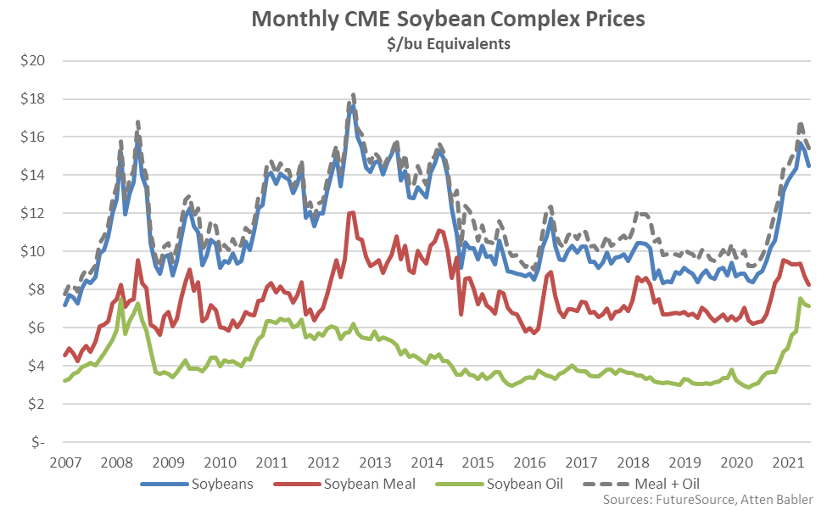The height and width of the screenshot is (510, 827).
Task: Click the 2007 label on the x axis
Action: pos(65,463)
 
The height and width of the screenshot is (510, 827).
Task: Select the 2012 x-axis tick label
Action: pos(323,463)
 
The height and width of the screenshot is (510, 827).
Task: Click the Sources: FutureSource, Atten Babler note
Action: pos(708,500)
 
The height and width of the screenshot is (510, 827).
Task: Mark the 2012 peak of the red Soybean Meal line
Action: pos(351,212)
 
